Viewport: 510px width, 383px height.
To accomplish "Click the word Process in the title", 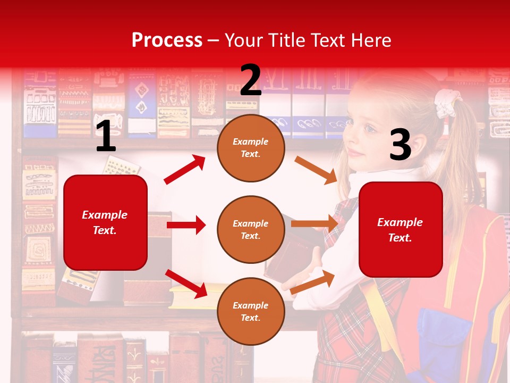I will coord(167,40).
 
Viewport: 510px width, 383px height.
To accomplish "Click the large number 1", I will coord(106,137).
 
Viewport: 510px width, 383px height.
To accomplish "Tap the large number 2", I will coord(250,80).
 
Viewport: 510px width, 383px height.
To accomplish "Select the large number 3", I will coord(400,145).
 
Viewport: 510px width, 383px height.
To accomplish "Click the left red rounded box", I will coord(105,222).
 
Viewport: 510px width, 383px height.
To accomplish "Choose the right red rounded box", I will coord(401,229).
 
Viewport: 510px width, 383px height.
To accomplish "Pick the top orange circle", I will coord(251,148).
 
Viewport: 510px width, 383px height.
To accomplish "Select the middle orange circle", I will coord(251,229).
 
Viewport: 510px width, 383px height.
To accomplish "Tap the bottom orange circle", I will coord(251,311).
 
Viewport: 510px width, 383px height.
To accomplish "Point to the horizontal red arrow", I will coord(186,225).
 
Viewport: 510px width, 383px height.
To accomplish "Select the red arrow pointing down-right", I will coord(186,283).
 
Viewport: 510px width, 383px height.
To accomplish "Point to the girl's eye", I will coord(369,128).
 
